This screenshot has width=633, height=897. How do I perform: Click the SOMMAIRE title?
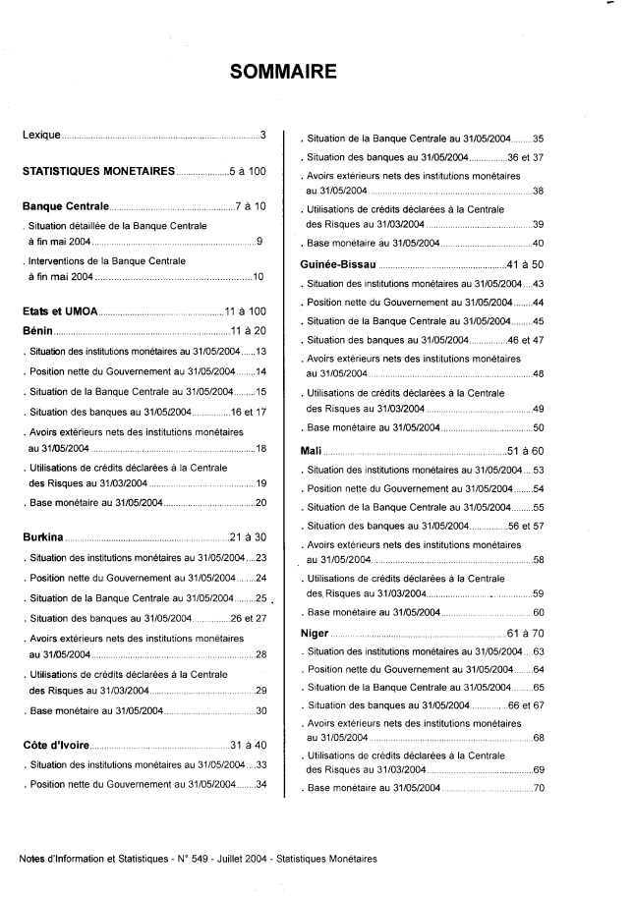coord(283,72)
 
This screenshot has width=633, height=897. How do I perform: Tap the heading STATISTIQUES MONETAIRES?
coord(98,171)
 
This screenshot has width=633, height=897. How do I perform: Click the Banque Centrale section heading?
coord(65,207)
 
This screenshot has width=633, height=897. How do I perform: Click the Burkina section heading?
coord(43,537)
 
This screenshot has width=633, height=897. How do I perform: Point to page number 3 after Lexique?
coord(263,134)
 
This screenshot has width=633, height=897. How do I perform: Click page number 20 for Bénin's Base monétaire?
coord(261,503)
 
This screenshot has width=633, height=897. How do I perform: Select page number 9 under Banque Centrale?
coord(259,241)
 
